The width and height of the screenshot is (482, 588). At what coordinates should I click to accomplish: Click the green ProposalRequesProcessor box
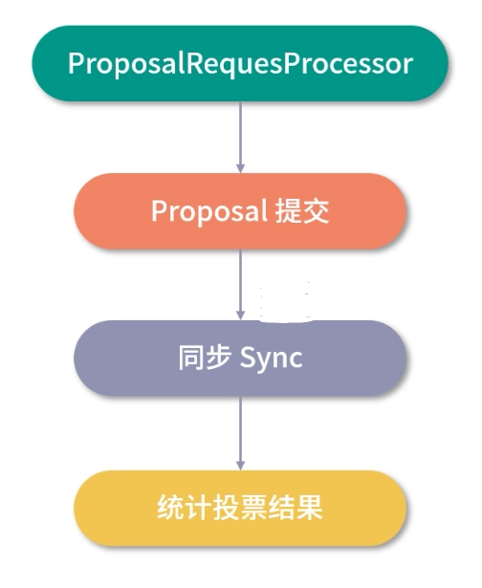[240, 63]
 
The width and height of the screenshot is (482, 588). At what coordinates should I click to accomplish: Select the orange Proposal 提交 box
[240, 211]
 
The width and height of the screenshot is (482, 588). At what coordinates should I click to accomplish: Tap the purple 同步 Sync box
[240, 359]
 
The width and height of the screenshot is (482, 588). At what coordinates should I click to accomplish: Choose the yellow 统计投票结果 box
[240, 507]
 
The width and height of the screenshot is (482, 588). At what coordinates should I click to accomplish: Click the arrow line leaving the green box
[240, 134]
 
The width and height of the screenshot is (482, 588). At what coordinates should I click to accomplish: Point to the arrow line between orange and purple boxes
[240, 282]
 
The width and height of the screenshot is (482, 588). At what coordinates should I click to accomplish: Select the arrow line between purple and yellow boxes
[240, 430]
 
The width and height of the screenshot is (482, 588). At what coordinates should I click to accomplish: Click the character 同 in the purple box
[189, 359]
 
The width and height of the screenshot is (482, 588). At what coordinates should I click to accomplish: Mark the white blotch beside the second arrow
[285, 297]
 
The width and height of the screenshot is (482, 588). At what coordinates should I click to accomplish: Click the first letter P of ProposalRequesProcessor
[76, 63]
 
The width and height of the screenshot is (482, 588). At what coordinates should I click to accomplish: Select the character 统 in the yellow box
[167, 507]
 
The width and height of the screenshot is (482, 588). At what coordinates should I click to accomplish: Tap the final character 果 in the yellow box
[312, 507]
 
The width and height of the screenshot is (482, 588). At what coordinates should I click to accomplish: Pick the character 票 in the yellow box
[252, 507]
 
